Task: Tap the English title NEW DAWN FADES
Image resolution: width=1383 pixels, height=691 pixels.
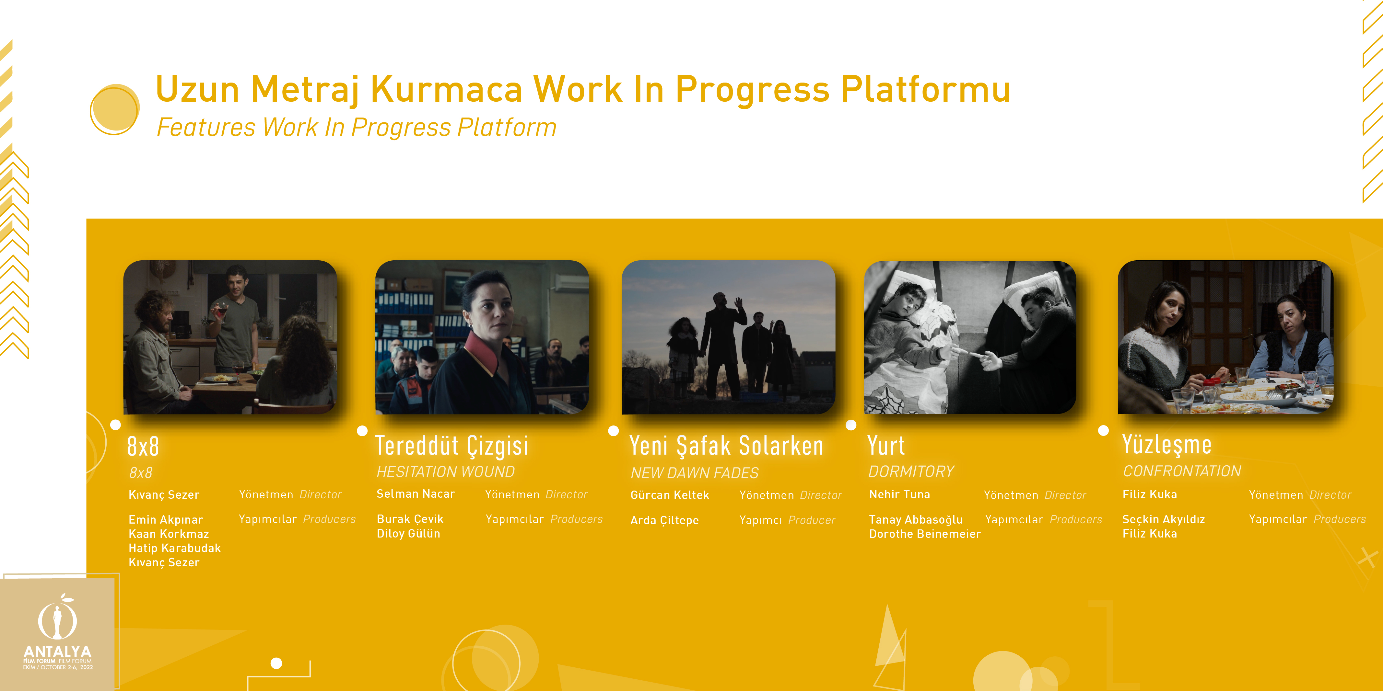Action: click(694, 473)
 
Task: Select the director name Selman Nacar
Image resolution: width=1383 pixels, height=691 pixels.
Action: click(416, 493)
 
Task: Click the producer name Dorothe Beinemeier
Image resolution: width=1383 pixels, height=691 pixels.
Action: click(924, 534)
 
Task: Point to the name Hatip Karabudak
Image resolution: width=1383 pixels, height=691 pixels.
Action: click(174, 548)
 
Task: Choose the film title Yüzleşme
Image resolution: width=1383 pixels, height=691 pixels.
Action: click(1166, 444)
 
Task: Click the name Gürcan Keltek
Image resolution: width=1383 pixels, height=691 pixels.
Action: click(670, 495)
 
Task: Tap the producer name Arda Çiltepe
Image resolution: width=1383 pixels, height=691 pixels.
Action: click(664, 520)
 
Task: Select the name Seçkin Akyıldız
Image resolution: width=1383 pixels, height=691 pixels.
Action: click(1164, 519)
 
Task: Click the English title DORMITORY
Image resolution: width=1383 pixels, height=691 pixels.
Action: click(911, 471)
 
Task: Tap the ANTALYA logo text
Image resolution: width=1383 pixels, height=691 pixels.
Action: click(57, 651)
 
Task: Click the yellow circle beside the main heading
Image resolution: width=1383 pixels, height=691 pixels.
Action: click(114, 109)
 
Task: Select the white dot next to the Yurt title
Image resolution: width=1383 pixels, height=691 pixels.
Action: click(851, 425)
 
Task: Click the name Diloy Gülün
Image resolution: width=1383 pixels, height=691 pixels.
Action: click(408, 533)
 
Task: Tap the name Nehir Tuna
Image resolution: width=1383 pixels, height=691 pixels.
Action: click(899, 494)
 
